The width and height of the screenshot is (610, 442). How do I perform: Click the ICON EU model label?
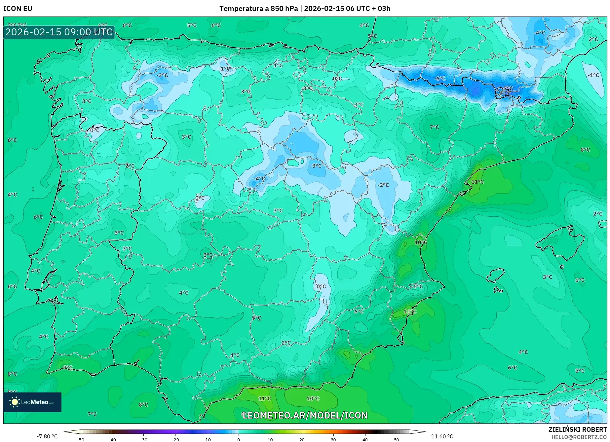[18, 8]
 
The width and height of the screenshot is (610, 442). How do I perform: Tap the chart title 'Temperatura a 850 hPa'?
[258, 8]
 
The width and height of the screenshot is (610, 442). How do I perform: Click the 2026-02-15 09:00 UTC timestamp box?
[59, 32]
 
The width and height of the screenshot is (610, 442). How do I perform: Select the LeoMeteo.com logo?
[32, 402]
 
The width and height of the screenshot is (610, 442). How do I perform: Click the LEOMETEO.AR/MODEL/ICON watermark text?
[305, 415]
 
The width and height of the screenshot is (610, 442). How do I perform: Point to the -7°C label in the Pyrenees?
[508, 89]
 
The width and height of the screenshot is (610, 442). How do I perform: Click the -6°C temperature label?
[440, 79]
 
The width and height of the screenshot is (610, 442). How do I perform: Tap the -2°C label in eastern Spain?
[383, 185]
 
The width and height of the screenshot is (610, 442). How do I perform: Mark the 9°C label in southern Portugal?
[68, 367]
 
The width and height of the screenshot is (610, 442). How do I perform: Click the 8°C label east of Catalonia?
[585, 150]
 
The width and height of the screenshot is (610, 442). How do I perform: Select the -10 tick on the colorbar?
[207, 439]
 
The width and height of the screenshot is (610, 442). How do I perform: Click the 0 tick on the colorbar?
[239, 439]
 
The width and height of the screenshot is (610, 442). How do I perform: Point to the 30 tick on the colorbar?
[333, 439]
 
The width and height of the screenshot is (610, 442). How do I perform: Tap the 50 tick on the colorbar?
[396, 439]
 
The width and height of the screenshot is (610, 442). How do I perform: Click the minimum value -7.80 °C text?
[47, 436]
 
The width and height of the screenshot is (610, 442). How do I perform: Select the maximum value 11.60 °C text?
[442, 436]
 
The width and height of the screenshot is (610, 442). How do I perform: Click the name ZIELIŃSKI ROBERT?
[578, 430]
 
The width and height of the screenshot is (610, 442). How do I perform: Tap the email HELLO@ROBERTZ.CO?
[579, 437]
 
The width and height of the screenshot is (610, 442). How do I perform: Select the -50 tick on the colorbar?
[80, 439]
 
